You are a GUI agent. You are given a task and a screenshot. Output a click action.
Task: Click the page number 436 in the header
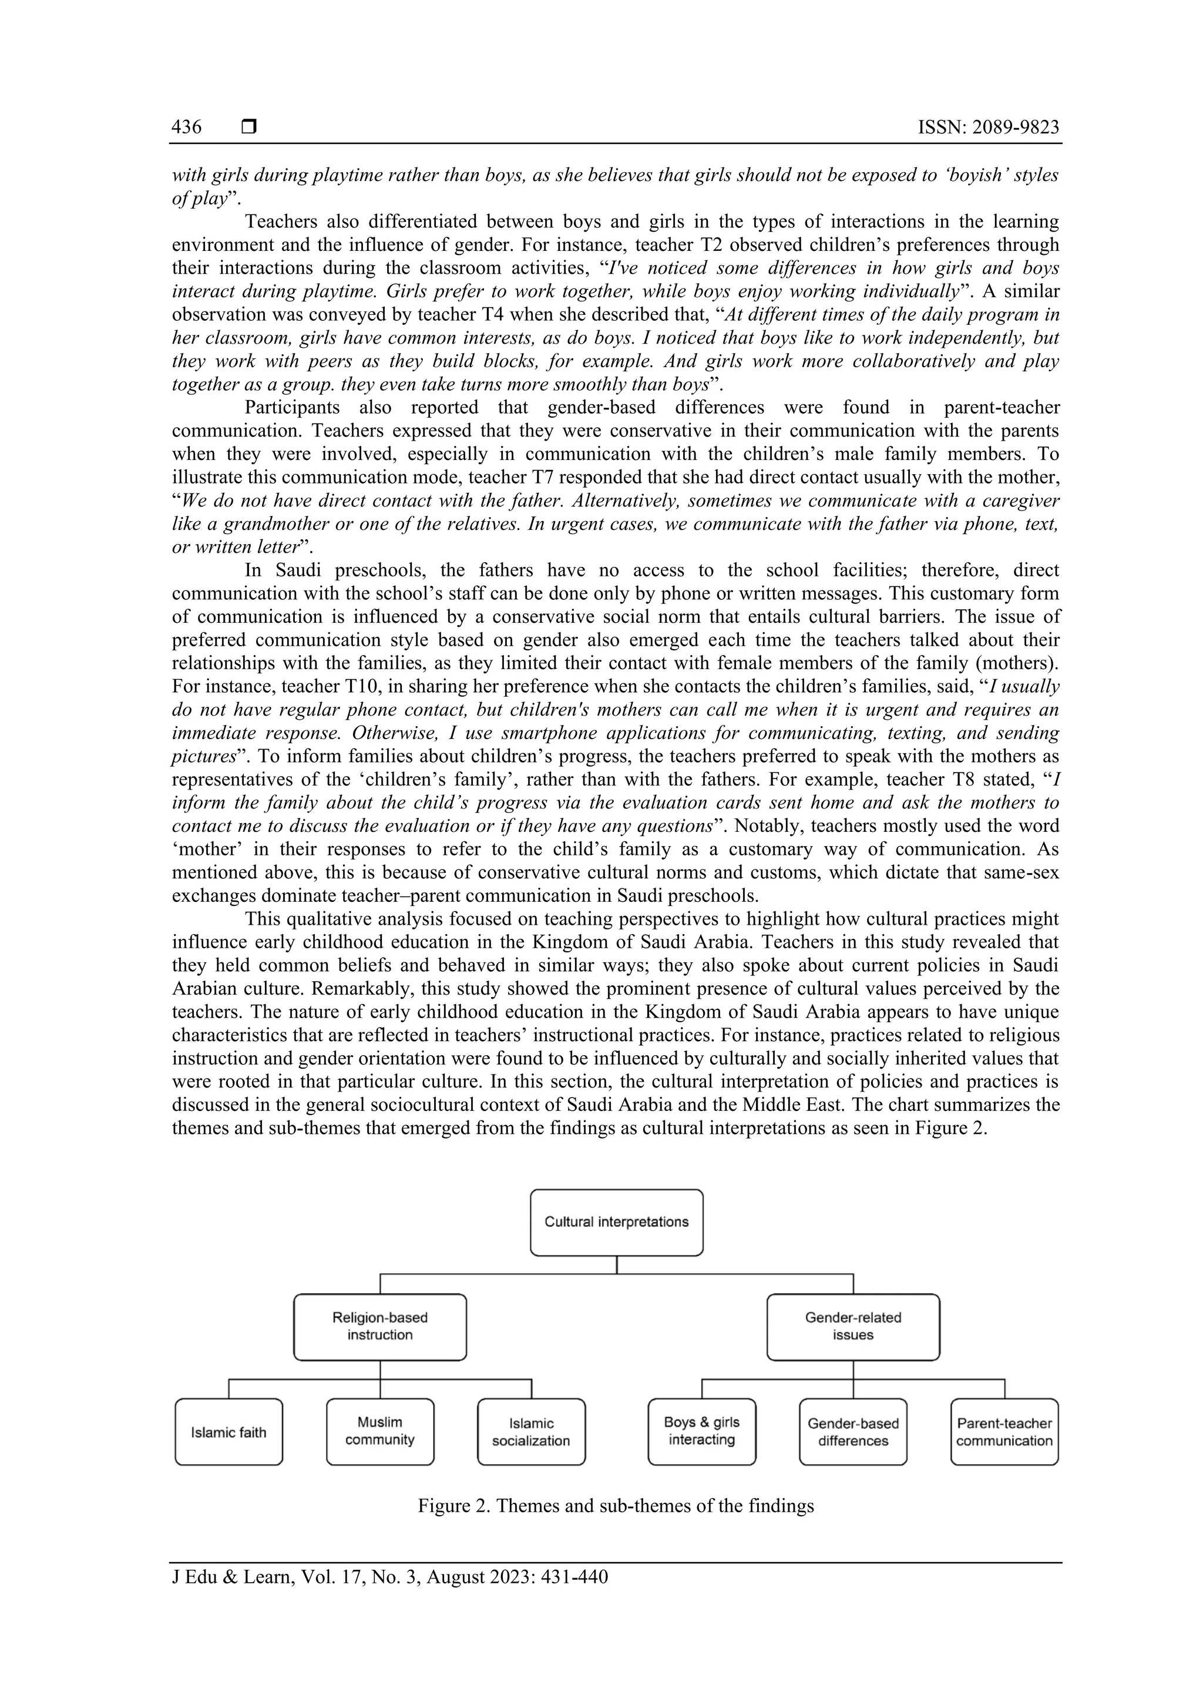point(186,127)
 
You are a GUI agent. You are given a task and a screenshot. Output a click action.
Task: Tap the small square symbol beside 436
point(249,127)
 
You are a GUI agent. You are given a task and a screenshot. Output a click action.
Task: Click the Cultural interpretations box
point(616,1223)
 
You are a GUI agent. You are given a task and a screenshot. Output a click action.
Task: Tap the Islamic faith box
point(228,1432)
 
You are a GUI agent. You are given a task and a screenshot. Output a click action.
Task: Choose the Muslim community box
point(379,1432)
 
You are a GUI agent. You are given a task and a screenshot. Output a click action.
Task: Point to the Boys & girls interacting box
point(701,1432)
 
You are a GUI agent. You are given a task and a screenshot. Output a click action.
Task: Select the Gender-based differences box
point(852,1432)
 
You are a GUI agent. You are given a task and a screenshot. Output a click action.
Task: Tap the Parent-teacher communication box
point(1004,1432)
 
